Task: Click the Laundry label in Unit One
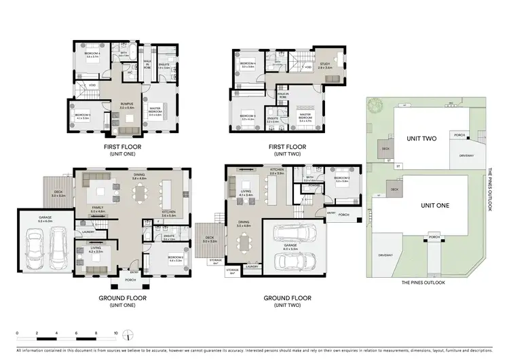pos(88,232)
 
